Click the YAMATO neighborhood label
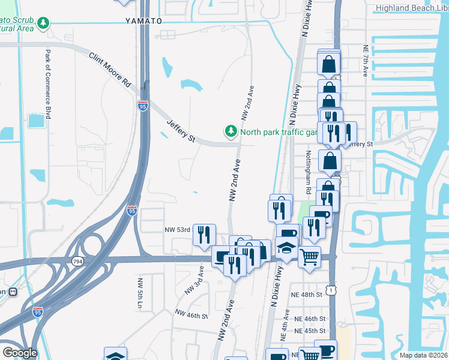click(144, 20)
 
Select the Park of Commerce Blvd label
click(47, 82)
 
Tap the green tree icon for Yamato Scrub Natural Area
click(43, 23)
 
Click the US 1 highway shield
click(331, 290)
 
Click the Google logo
click(20, 352)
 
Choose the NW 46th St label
click(191, 314)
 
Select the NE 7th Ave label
click(365, 60)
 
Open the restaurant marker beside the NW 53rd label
click(204, 235)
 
